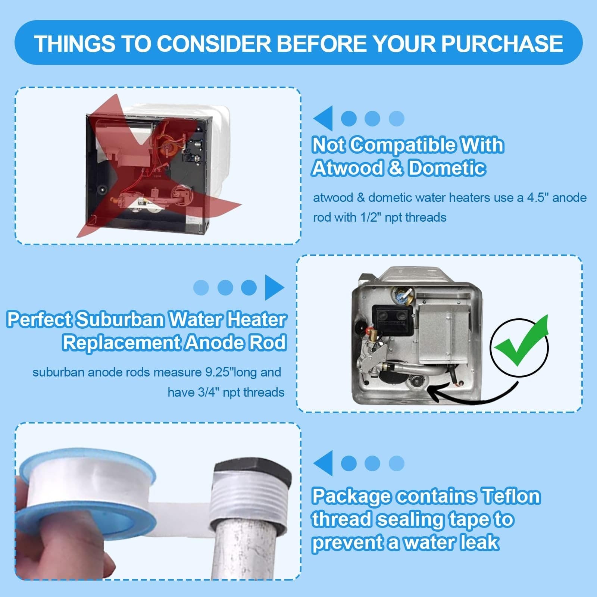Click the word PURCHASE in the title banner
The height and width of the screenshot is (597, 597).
[x=502, y=44]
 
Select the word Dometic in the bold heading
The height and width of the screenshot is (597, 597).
[x=447, y=168]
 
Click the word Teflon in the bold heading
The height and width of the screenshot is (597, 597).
[x=511, y=496]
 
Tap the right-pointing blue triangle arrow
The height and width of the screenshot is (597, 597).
[x=274, y=287]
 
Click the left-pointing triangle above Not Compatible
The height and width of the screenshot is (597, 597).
[x=323, y=118]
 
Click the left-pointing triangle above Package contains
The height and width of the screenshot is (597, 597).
[x=323, y=463]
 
